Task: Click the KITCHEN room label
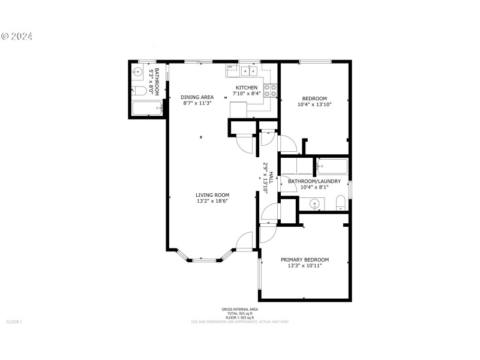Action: click(246, 88)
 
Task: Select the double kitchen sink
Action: click(249, 71)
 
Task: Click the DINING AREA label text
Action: click(197, 97)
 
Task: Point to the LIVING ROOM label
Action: click(212, 195)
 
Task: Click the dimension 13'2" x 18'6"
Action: click(212, 202)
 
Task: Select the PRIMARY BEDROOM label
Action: click(305, 260)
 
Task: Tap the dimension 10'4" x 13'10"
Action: click(314, 104)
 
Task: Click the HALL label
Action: click(271, 178)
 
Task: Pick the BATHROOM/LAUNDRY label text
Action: click(314, 181)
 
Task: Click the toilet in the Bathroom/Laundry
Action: click(340, 202)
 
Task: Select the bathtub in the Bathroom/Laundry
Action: click(331, 166)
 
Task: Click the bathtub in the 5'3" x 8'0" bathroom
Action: click(146, 109)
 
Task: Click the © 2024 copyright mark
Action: click(17, 36)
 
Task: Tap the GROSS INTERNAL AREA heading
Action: click(239, 309)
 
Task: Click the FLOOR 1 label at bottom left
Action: click(14, 322)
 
